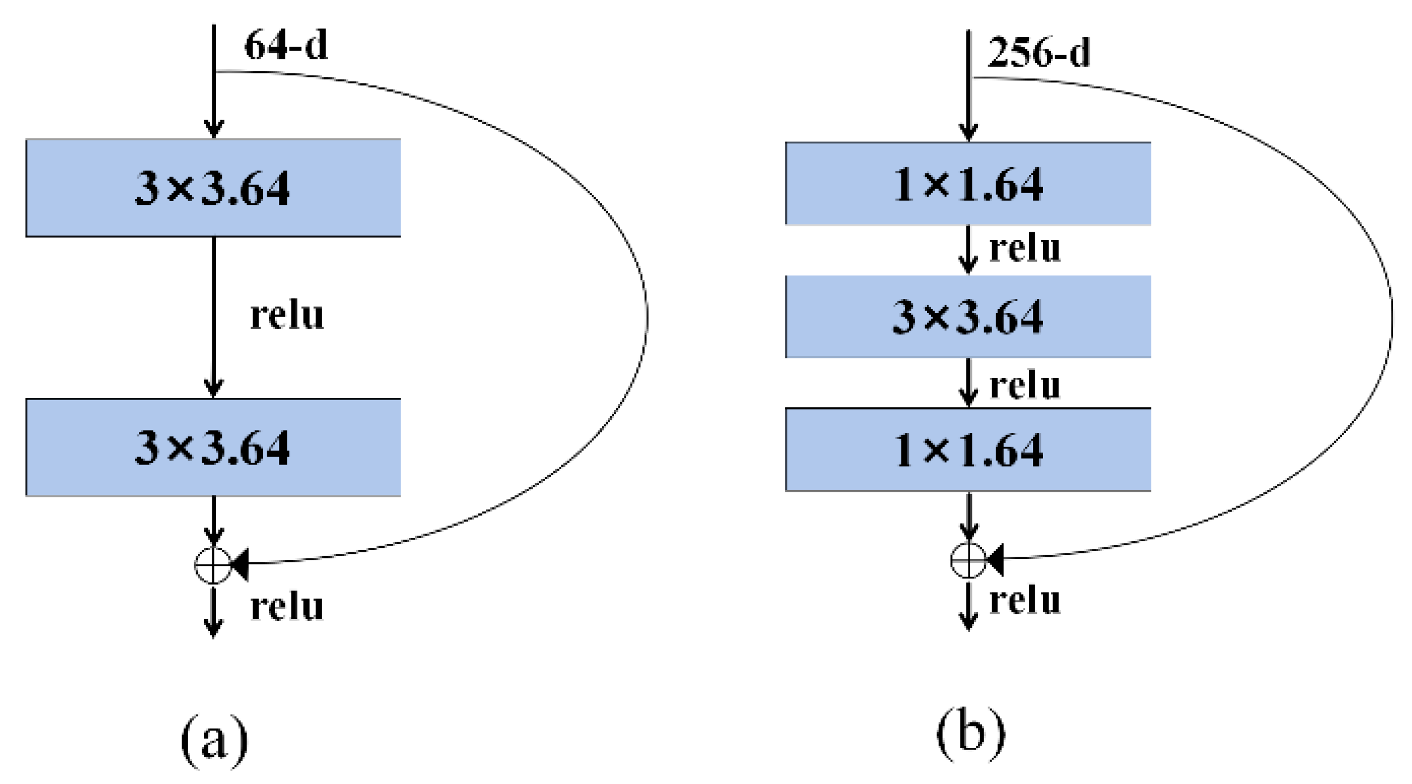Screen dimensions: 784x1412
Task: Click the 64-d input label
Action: point(286,46)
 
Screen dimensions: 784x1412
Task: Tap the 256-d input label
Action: point(1038,53)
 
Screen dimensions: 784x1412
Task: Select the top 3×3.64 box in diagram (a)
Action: point(213,188)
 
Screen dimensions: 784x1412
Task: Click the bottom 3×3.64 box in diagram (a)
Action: point(213,447)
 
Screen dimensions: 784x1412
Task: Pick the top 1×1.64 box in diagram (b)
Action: point(967,184)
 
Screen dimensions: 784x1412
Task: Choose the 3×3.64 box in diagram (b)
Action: point(967,317)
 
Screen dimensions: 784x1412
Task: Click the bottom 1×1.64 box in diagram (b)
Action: point(967,450)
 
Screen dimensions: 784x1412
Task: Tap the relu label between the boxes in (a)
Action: point(287,316)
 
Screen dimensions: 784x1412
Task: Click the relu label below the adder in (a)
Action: point(287,607)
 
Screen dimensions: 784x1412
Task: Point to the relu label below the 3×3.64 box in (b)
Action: point(1025,385)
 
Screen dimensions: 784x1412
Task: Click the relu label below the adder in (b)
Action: point(1025,601)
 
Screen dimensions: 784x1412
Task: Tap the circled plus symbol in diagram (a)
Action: point(213,566)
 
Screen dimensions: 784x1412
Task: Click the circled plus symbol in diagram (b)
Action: point(968,560)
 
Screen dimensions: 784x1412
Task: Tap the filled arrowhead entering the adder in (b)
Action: point(995,559)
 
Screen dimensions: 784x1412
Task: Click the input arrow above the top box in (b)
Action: point(969,83)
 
